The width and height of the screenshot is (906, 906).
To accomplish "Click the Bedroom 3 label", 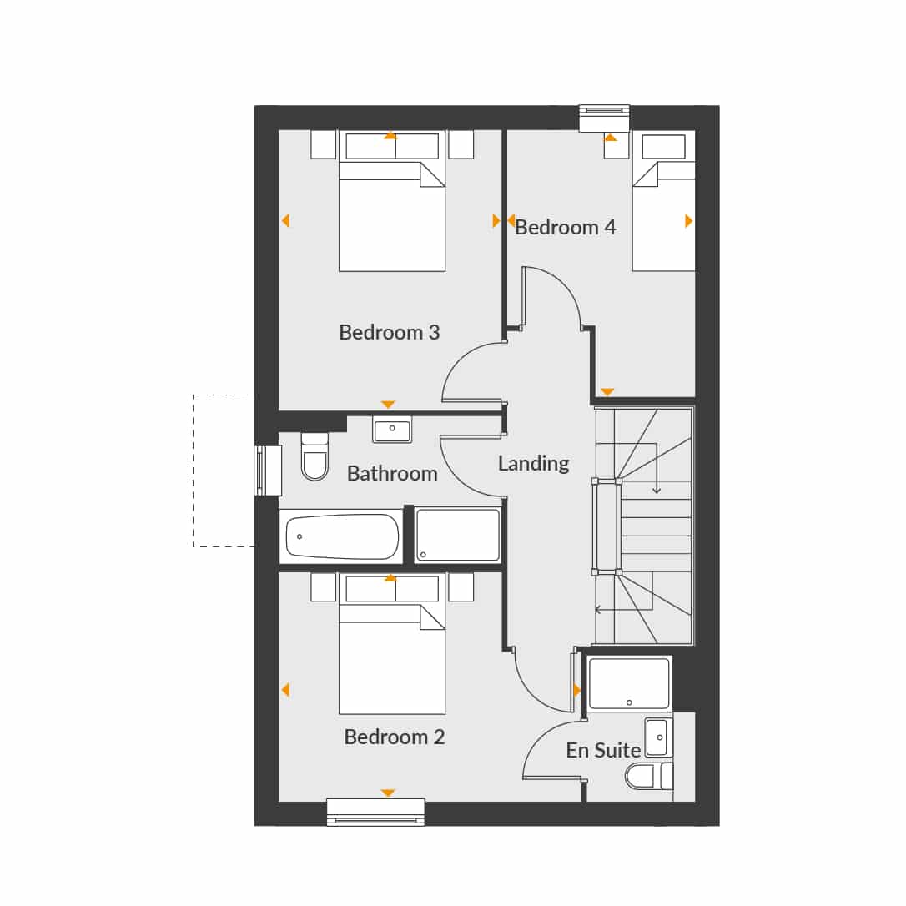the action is click(390, 332).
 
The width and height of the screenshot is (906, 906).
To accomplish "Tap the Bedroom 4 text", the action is click(565, 227).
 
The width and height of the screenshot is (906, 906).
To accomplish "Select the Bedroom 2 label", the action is click(394, 737).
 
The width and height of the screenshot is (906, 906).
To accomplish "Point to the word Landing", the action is click(533, 463).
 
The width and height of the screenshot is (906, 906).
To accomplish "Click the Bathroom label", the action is click(392, 474).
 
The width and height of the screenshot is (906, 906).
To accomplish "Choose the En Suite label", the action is click(603, 750).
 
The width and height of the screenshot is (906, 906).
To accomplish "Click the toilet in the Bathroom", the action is click(315, 456).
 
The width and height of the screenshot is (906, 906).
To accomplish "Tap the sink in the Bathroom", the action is click(392, 430).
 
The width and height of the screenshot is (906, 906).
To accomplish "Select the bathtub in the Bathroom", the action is click(342, 536).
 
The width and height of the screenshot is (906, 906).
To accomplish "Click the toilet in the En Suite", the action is click(649, 776).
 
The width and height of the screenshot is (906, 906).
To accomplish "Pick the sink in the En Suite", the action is click(659, 737).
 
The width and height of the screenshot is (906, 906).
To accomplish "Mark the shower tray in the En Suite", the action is click(629, 683).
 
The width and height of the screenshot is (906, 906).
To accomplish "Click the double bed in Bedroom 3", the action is click(392, 201).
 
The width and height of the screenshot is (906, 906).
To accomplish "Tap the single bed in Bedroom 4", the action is click(664, 202).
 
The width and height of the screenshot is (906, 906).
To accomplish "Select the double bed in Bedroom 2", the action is click(392, 644).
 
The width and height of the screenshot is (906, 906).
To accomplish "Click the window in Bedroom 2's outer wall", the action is click(375, 812).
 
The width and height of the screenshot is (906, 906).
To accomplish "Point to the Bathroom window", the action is click(268, 471).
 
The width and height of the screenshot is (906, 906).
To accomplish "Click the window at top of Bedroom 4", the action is click(604, 118).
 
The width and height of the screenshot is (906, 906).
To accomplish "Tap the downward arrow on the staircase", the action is click(657, 468).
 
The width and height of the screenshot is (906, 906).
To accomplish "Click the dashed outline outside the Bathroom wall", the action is click(194, 471).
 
